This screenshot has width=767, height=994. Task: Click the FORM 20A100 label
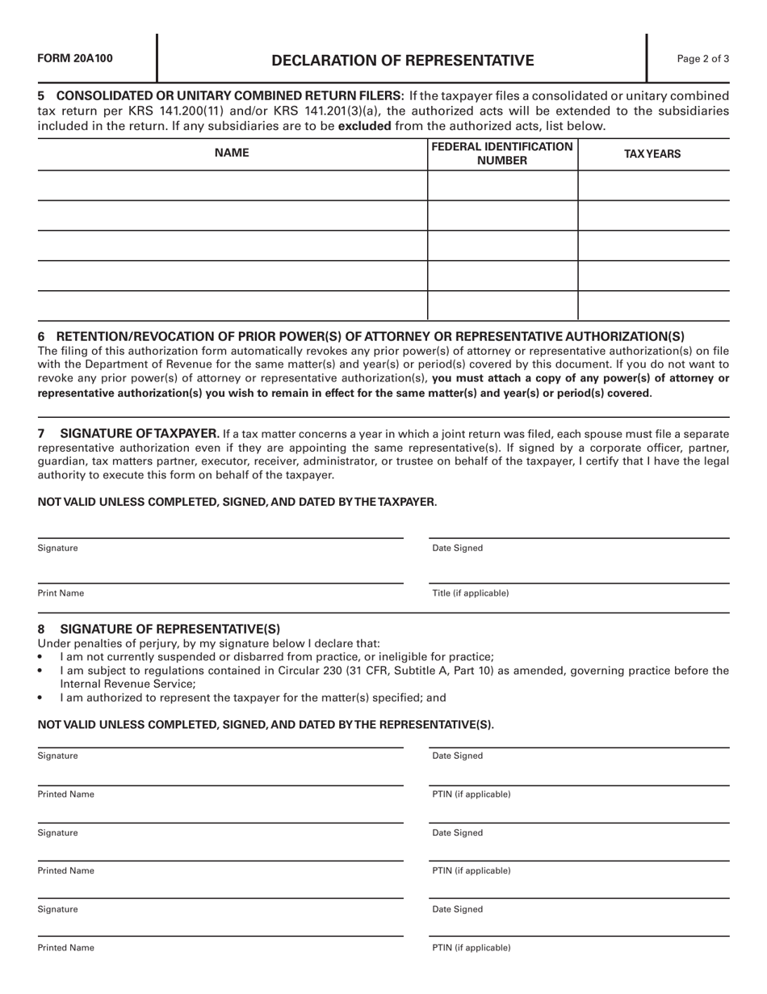point(75,58)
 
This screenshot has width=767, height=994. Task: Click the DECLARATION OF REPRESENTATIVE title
point(402,61)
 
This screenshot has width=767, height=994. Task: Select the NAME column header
point(232,154)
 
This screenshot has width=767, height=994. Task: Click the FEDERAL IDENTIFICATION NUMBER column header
point(502,154)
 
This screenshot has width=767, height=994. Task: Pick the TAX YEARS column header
point(652,154)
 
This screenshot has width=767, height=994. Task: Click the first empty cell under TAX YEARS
point(654,186)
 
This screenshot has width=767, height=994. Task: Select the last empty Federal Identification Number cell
point(502,305)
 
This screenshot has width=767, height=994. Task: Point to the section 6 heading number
point(42,336)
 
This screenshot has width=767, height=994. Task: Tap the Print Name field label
point(61,593)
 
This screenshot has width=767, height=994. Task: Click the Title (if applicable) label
point(471,593)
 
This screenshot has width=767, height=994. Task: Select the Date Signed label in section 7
point(458,548)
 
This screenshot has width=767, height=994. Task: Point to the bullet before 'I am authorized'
point(40,698)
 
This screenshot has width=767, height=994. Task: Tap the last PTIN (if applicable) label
point(472,947)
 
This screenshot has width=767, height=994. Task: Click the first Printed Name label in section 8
point(65,794)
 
